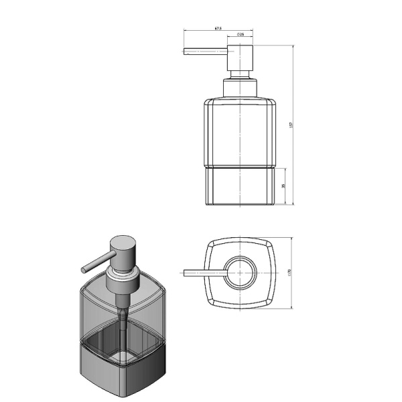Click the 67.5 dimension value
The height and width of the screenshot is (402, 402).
pyautogui.click(x=218, y=29)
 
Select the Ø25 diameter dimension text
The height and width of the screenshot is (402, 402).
pyautogui.click(x=240, y=33)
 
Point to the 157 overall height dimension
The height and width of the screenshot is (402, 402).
pyautogui.click(x=291, y=125)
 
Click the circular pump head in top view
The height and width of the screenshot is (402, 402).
pyautogui.click(x=240, y=273)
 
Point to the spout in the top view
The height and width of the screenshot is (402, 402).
pyautogui.click(x=204, y=273)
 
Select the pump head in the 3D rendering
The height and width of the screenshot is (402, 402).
pyautogui.click(x=120, y=251)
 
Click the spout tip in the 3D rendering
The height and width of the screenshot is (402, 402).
pyautogui.click(x=84, y=269)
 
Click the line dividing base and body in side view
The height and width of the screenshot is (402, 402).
pyautogui.click(x=240, y=165)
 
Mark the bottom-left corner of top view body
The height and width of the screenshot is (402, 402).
pyautogui.click(x=208, y=306)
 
